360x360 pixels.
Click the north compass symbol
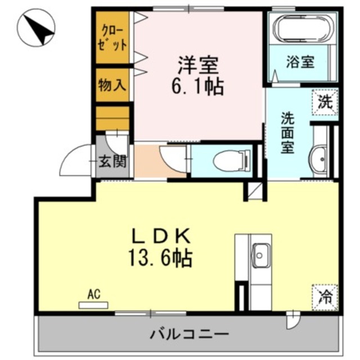36,29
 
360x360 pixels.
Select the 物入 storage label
112,85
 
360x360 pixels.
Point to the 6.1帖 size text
197,86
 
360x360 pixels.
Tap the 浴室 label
300,62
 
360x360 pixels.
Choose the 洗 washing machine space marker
325,102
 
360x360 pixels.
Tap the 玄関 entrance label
114,161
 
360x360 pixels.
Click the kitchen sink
261,256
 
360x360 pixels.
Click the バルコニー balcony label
189,335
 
